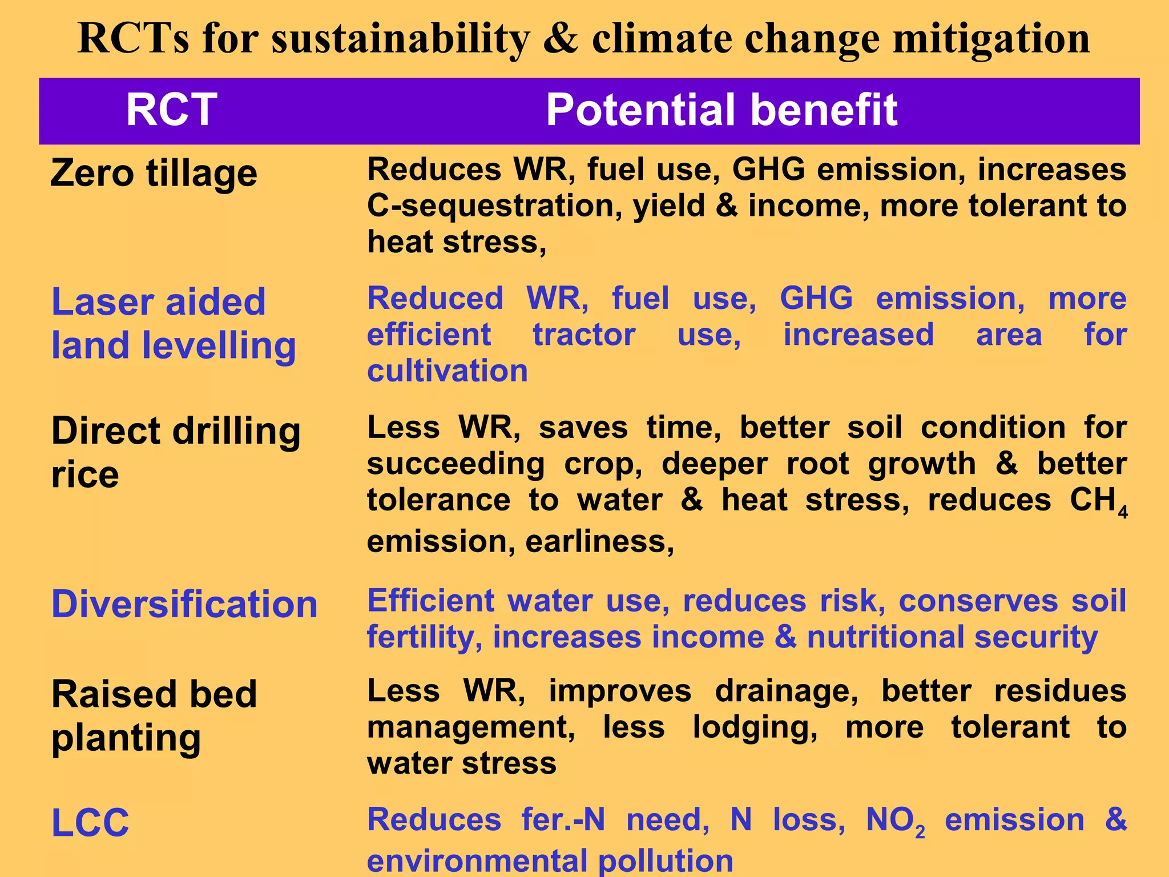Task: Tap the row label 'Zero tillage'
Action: point(154,173)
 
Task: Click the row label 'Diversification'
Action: point(184,604)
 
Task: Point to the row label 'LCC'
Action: point(90,823)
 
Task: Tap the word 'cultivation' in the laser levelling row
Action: point(447,371)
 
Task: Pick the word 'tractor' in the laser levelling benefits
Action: point(584,335)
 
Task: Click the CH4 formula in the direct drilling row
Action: point(1098,501)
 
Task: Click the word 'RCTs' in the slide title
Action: point(133,39)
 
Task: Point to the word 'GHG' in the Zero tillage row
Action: point(768,170)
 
